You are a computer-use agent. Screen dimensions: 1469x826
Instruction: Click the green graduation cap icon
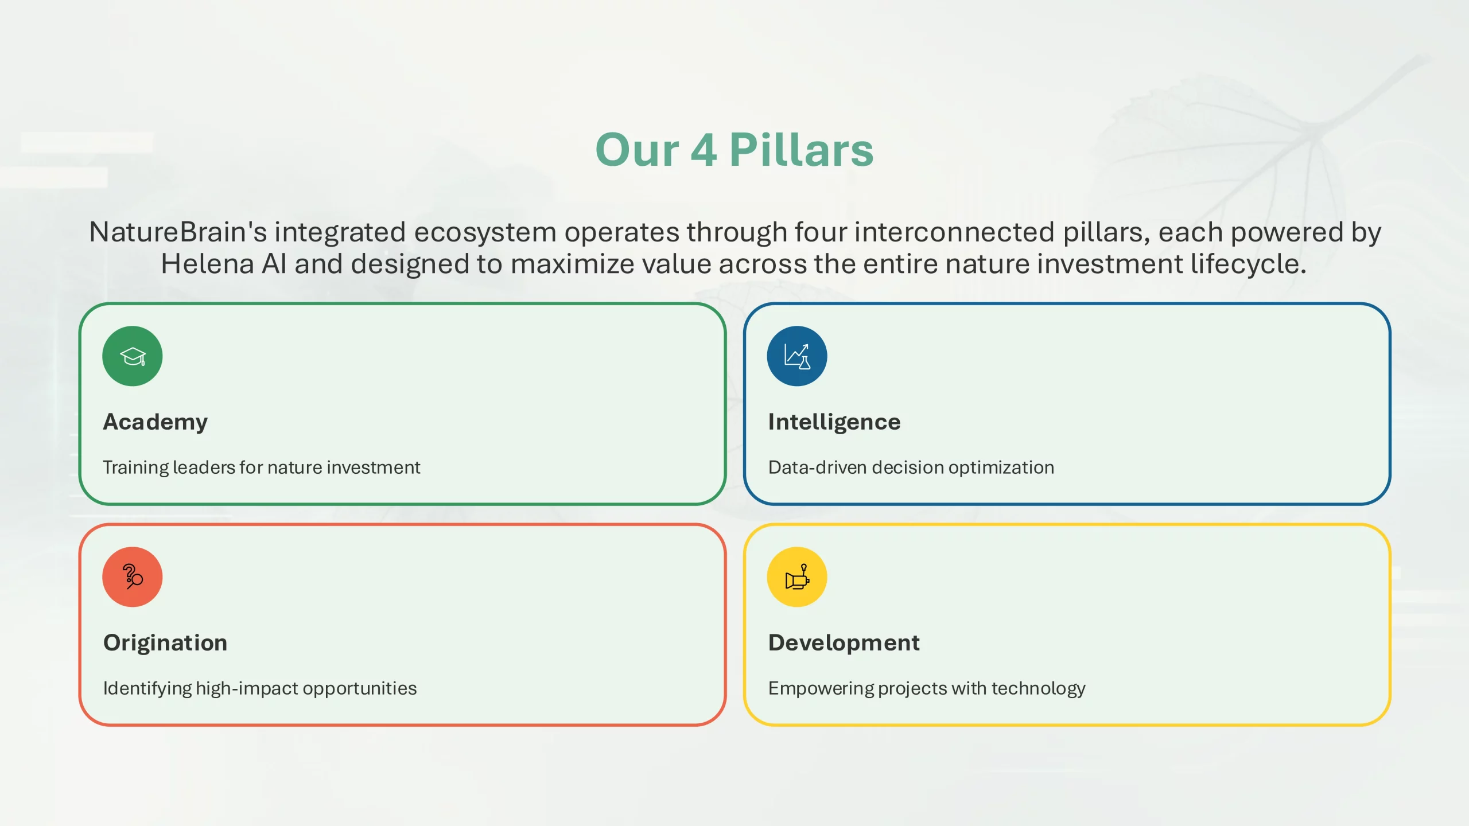(x=133, y=356)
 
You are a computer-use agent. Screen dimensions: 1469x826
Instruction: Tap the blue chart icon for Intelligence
(x=797, y=356)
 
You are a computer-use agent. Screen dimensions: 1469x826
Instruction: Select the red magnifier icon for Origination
(x=133, y=577)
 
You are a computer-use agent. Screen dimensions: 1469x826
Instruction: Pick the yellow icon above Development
(x=797, y=577)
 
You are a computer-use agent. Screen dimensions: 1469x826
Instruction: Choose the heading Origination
(x=165, y=642)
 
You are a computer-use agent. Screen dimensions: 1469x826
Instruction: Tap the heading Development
(x=844, y=643)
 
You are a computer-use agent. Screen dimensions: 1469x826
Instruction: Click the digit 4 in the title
(x=704, y=150)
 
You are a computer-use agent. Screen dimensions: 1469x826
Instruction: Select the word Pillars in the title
(x=802, y=150)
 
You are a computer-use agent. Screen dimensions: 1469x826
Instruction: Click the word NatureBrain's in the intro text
(x=178, y=232)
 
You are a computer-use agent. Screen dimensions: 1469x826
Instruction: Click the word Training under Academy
(x=136, y=468)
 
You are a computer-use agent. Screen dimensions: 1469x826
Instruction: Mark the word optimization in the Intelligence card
(x=1001, y=468)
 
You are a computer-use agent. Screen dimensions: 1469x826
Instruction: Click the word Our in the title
(x=637, y=150)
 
